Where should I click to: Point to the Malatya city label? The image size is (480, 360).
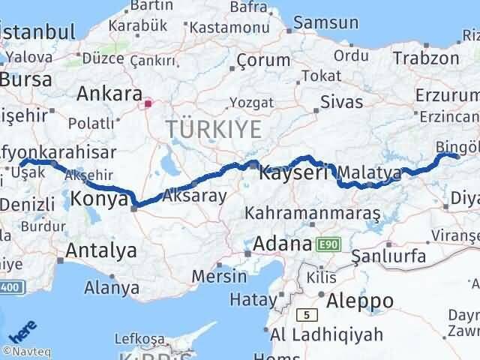click(x=370, y=173)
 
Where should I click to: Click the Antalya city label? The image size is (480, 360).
click(x=101, y=250)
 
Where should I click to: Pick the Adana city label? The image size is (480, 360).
click(x=282, y=244)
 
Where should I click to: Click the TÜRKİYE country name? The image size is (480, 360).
click(x=214, y=129)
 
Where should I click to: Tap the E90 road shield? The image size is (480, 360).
click(x=328, y=244)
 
